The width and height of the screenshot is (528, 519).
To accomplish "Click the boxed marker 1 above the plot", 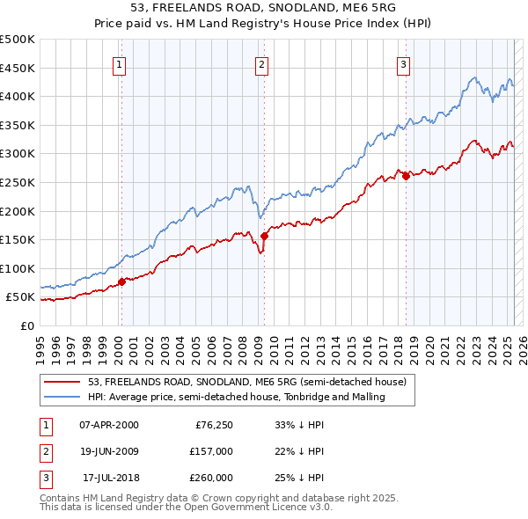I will click(x=119, y=63).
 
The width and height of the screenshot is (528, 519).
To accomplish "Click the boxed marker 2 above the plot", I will click(x=262, y=63).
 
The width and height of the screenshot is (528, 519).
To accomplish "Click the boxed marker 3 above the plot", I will click(x=403, y=63).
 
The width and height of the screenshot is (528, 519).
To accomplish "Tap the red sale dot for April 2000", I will click(x=121, y=281).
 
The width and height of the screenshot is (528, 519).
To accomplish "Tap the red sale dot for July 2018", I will click(x=406, y=176).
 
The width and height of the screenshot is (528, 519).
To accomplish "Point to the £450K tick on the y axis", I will click(x=18, y=68).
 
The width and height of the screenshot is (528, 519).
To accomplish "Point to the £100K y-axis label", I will click(x=18, y=268).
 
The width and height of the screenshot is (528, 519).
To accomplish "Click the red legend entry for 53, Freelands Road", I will click(x=246, y=383).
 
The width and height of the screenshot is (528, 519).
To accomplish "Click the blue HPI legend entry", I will click(x=237, y=398).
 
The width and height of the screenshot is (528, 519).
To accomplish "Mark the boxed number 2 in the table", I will click(x=45, y=451).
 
